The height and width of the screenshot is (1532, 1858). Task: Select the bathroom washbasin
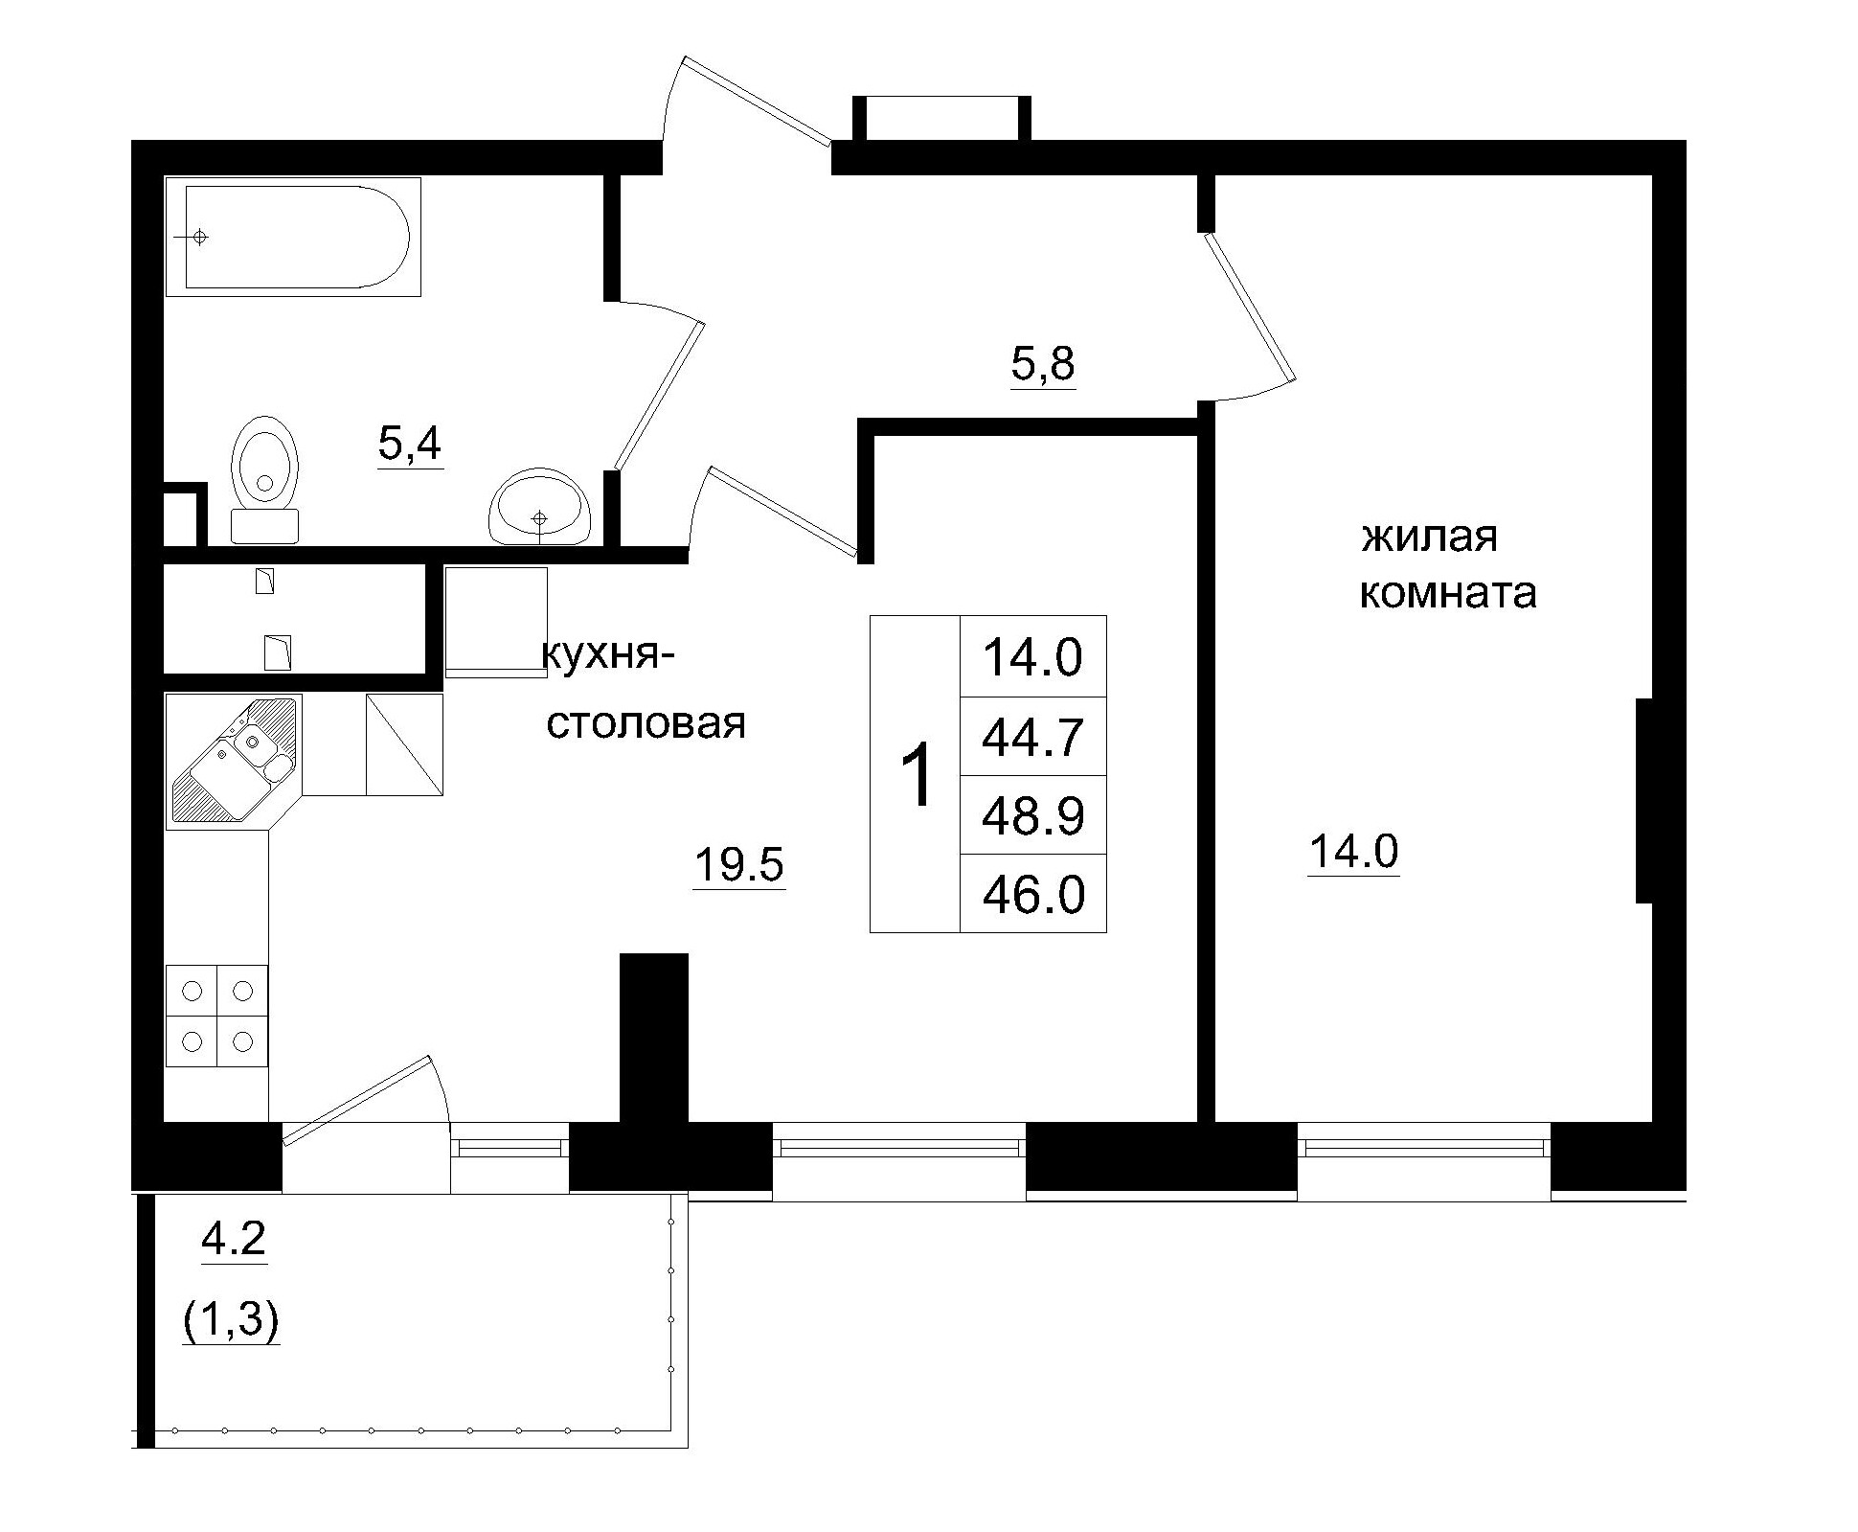[539, 508]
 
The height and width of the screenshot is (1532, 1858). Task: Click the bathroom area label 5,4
[410, 444]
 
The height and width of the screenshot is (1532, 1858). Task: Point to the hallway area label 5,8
[1043, 365]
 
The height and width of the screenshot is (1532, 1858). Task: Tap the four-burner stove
[216, 1016]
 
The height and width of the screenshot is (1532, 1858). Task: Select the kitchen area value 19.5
[738, 866]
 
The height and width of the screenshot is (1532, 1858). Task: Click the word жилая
[1429, 537]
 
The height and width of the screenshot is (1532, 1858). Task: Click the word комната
[1448, 593]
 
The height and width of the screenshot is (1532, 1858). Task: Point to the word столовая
[646, 723]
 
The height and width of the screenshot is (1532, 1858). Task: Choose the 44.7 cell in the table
[1032, 737]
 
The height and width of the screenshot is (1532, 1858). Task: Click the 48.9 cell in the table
[1032, 816]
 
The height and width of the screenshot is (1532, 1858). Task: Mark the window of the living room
[1424, 1147]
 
